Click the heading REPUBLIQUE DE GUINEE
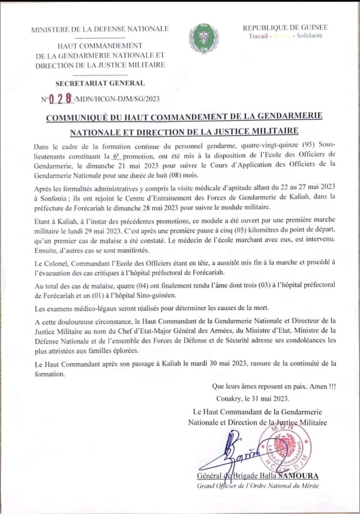(283, 28)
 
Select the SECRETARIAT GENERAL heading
(100, 83)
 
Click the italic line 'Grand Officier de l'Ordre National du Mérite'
(258, 485)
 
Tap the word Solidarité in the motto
(310, 36)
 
